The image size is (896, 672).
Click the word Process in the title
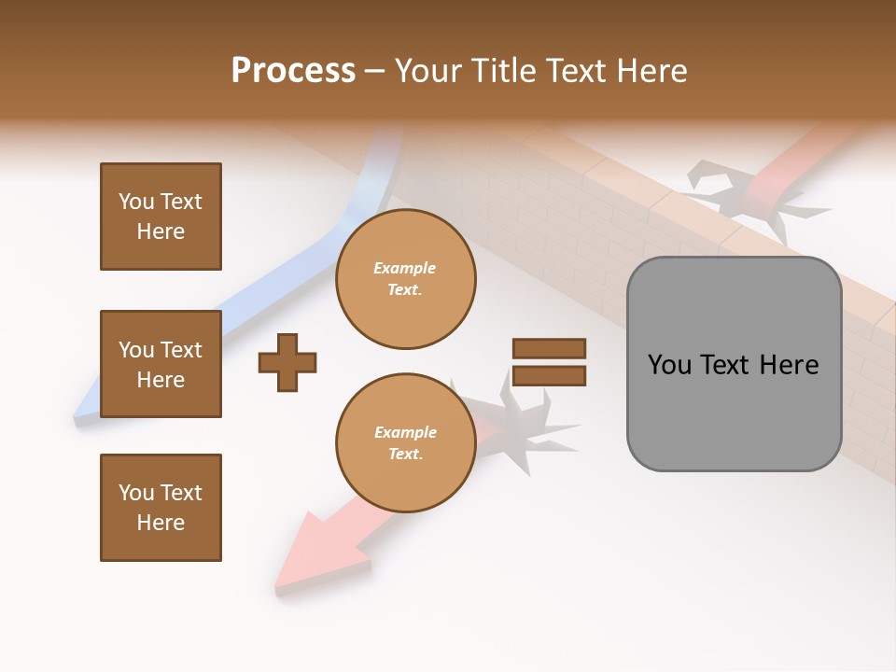(293, 71)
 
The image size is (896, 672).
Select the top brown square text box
(161, 217)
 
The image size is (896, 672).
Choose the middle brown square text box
(161, 364)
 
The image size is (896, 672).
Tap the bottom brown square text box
(161, 508)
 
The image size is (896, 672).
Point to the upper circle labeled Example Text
(405, 279)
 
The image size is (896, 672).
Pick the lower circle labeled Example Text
(405, 443)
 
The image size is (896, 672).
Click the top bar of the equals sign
(549, 348)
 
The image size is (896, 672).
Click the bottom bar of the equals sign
(549, 375)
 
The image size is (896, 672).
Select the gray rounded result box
(734, 364)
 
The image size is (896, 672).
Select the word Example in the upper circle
(405, 268)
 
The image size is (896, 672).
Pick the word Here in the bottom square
(161, 523)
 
